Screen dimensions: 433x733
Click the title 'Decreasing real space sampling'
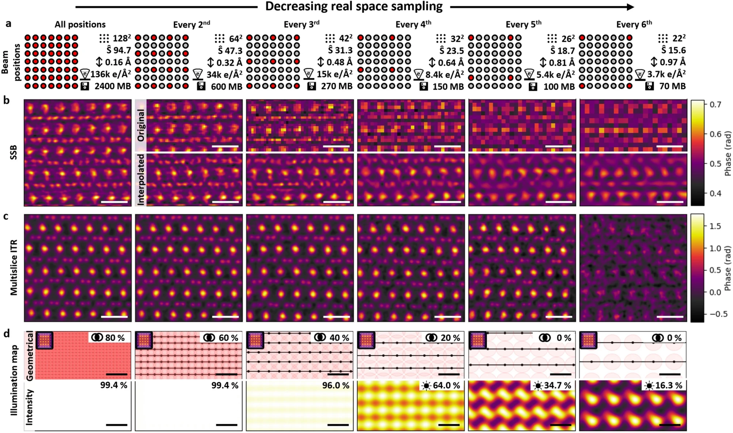tap(354, 7)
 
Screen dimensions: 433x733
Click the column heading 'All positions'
tap(80, 25)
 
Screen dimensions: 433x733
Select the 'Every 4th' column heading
tap(413, 25)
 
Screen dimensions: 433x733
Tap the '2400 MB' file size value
tap(113, 86)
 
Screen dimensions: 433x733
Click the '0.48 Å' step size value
tap(339, 62)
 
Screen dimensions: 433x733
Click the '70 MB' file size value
tap(672, 86)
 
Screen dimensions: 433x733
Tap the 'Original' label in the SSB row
tap(141, 125)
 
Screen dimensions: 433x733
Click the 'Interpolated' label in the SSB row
tap(141, 179)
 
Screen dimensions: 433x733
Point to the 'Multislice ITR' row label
tap(14, 268)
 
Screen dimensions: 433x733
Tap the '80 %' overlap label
tap(115, 338)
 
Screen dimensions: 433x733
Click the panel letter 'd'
tap(7, 334)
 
